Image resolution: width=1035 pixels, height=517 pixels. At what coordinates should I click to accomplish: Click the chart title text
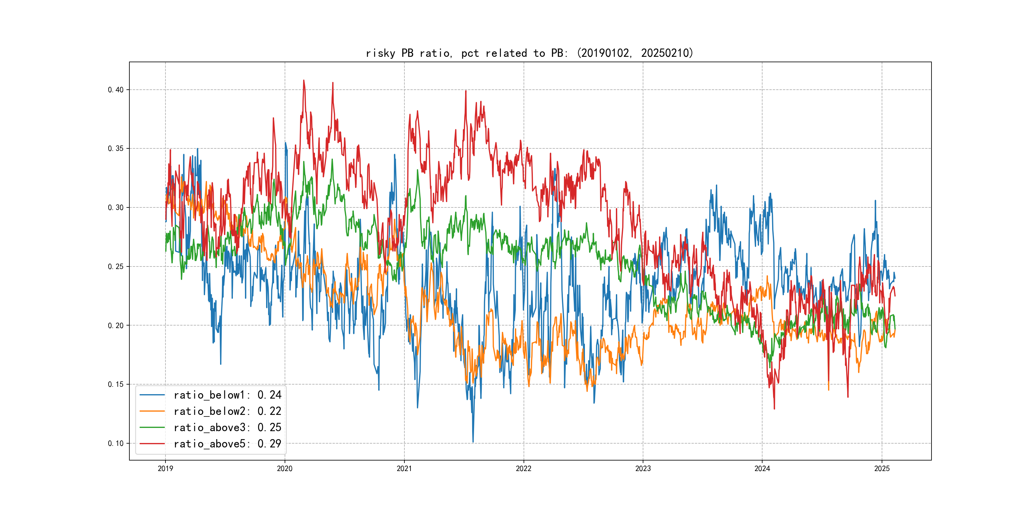530,53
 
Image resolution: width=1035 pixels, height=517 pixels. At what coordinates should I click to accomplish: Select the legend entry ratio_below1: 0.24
227,395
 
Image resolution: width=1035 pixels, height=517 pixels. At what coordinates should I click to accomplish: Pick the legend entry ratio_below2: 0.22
227,411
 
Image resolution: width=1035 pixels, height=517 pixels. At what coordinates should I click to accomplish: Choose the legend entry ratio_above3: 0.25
227,428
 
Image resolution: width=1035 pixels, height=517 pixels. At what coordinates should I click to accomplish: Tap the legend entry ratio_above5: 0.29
227,444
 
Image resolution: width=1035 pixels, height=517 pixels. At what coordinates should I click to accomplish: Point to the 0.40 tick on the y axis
116,90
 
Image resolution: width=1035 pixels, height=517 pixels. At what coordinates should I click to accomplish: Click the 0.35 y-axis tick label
116,148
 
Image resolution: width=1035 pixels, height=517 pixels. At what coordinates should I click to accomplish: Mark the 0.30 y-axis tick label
116,207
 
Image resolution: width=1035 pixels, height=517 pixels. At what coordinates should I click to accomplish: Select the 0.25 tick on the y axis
116,266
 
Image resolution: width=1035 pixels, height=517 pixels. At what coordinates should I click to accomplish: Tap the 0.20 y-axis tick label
116,326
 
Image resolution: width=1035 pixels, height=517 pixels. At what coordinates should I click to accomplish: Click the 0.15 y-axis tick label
116,385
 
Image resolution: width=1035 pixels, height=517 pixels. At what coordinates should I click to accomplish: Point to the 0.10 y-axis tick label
116,444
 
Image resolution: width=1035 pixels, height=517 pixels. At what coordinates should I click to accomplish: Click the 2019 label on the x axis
165,468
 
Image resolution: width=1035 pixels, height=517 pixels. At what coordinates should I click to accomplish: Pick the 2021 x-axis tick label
404,468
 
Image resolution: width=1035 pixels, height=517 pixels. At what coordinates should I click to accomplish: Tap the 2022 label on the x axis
524,468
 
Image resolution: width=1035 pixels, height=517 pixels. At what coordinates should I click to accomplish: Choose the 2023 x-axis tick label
643,468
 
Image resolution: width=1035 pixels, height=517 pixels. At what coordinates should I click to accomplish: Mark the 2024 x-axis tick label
762,468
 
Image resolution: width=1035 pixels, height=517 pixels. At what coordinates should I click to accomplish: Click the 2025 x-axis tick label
882,468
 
